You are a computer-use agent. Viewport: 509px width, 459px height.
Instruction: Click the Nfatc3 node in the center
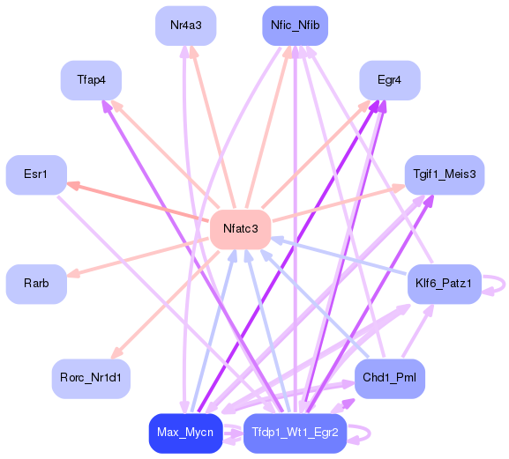[x=240, y=229]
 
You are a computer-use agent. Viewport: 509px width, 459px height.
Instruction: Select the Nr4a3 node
[x=186, y=26]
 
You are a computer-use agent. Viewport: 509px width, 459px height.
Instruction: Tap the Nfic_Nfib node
[x=294, y=26]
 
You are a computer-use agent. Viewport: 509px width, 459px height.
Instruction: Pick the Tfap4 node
[x=91, y=80]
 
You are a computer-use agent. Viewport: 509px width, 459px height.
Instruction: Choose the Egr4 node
[x=389, y=80]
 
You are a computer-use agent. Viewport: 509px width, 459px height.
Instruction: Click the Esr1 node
[x=36, y=174]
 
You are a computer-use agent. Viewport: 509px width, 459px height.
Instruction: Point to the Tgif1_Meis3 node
[x=444, y=174]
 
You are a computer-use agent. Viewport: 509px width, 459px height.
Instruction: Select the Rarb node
[x=36, y=284]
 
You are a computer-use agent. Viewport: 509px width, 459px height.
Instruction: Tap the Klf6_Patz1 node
[x=444, y=284]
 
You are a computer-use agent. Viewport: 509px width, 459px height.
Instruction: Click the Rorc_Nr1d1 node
[x=91, y=377]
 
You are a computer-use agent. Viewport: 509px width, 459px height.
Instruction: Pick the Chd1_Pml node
[x=389, y=377]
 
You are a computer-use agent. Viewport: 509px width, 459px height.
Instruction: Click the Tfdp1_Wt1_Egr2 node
[x=296, y=433]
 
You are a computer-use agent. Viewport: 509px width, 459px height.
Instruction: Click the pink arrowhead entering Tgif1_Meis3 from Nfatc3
[x=399, y=189]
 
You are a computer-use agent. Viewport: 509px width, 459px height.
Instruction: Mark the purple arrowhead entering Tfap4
[x=105, y=104]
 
